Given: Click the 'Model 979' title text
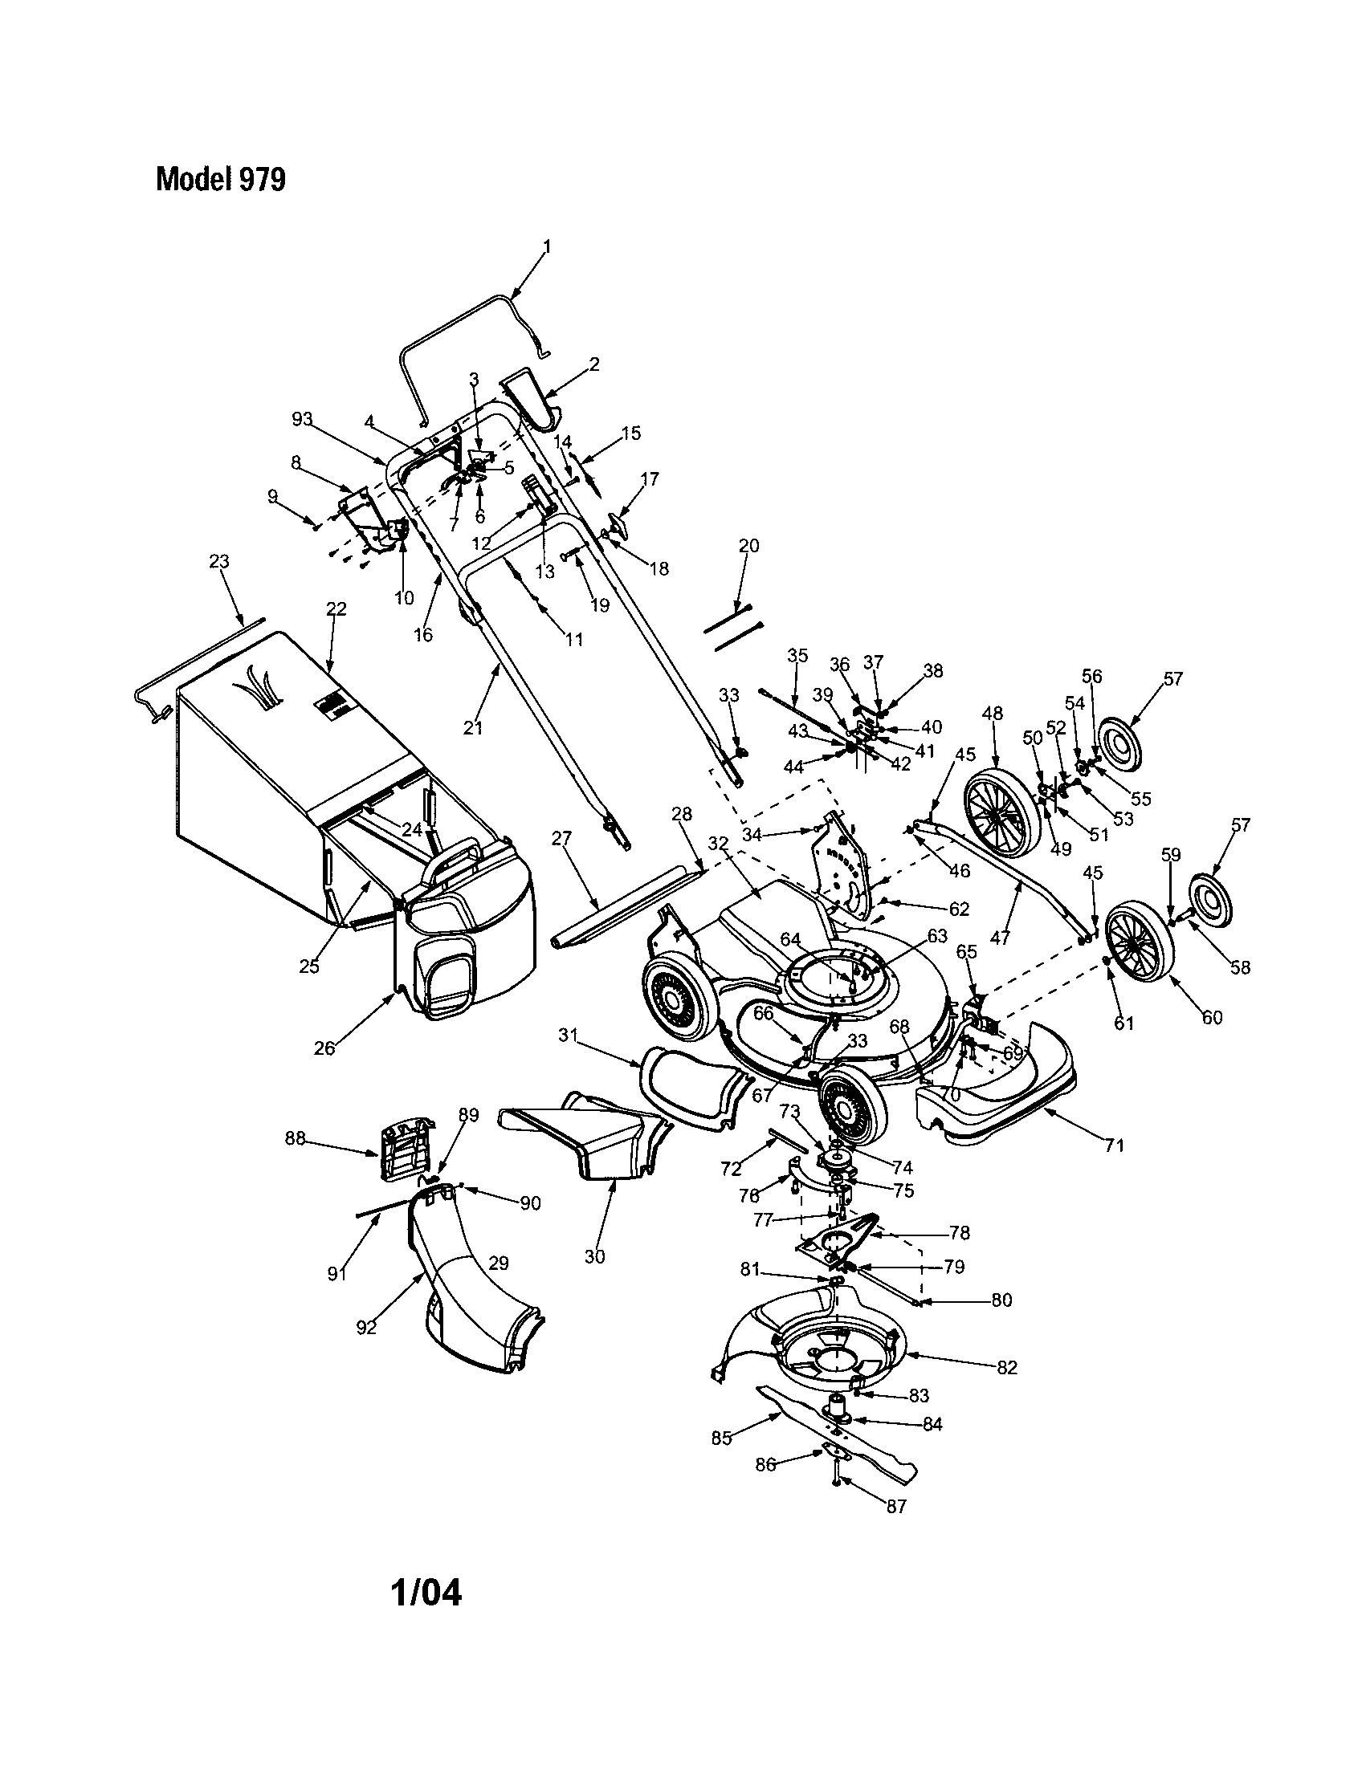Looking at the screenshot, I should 220,180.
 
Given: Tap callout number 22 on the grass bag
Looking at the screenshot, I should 336,608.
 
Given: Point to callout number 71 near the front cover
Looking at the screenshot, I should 1115,1145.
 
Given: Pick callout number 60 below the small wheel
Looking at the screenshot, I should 1211,1017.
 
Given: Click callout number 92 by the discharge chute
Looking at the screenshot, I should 366,1328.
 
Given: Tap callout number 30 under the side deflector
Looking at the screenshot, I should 594,1256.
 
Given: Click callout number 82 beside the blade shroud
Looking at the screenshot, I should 1007,1367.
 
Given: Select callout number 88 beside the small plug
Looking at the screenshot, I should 296,1137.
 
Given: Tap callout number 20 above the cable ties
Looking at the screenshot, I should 749,546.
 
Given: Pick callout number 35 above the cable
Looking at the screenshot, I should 797,655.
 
